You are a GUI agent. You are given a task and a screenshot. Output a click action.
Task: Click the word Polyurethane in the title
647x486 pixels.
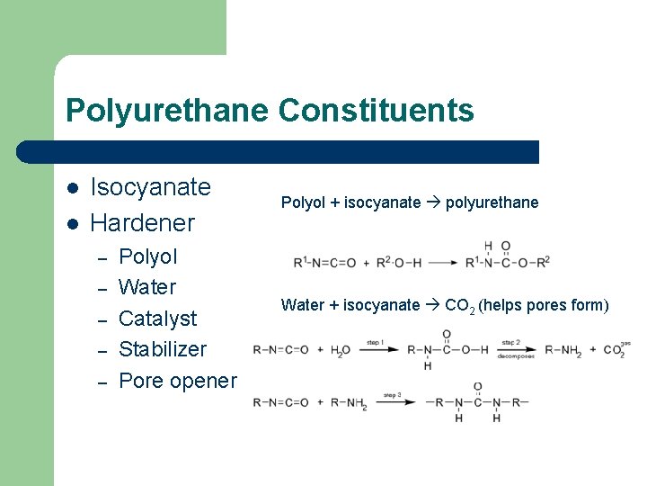point(167,111)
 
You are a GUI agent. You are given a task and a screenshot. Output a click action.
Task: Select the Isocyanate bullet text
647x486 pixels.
point(151,187)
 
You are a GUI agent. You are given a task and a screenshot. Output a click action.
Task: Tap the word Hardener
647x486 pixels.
point(143,221)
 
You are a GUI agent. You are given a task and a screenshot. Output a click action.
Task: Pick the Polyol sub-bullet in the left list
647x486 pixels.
point(148,256)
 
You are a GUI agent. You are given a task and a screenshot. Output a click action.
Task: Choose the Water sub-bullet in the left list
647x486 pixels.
point(147,287)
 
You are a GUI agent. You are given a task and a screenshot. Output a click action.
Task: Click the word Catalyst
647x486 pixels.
point(157,319)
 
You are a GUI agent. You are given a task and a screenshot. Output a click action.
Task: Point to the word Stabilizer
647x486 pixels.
point(163,349)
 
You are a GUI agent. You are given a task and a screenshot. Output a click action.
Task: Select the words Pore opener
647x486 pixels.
point(177,381)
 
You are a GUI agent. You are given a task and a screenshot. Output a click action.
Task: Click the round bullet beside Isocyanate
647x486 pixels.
point(73,188)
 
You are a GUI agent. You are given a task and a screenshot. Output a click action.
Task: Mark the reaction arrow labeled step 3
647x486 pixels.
point(394,401)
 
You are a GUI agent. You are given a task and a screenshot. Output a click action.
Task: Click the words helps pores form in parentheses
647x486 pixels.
point(543,306)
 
